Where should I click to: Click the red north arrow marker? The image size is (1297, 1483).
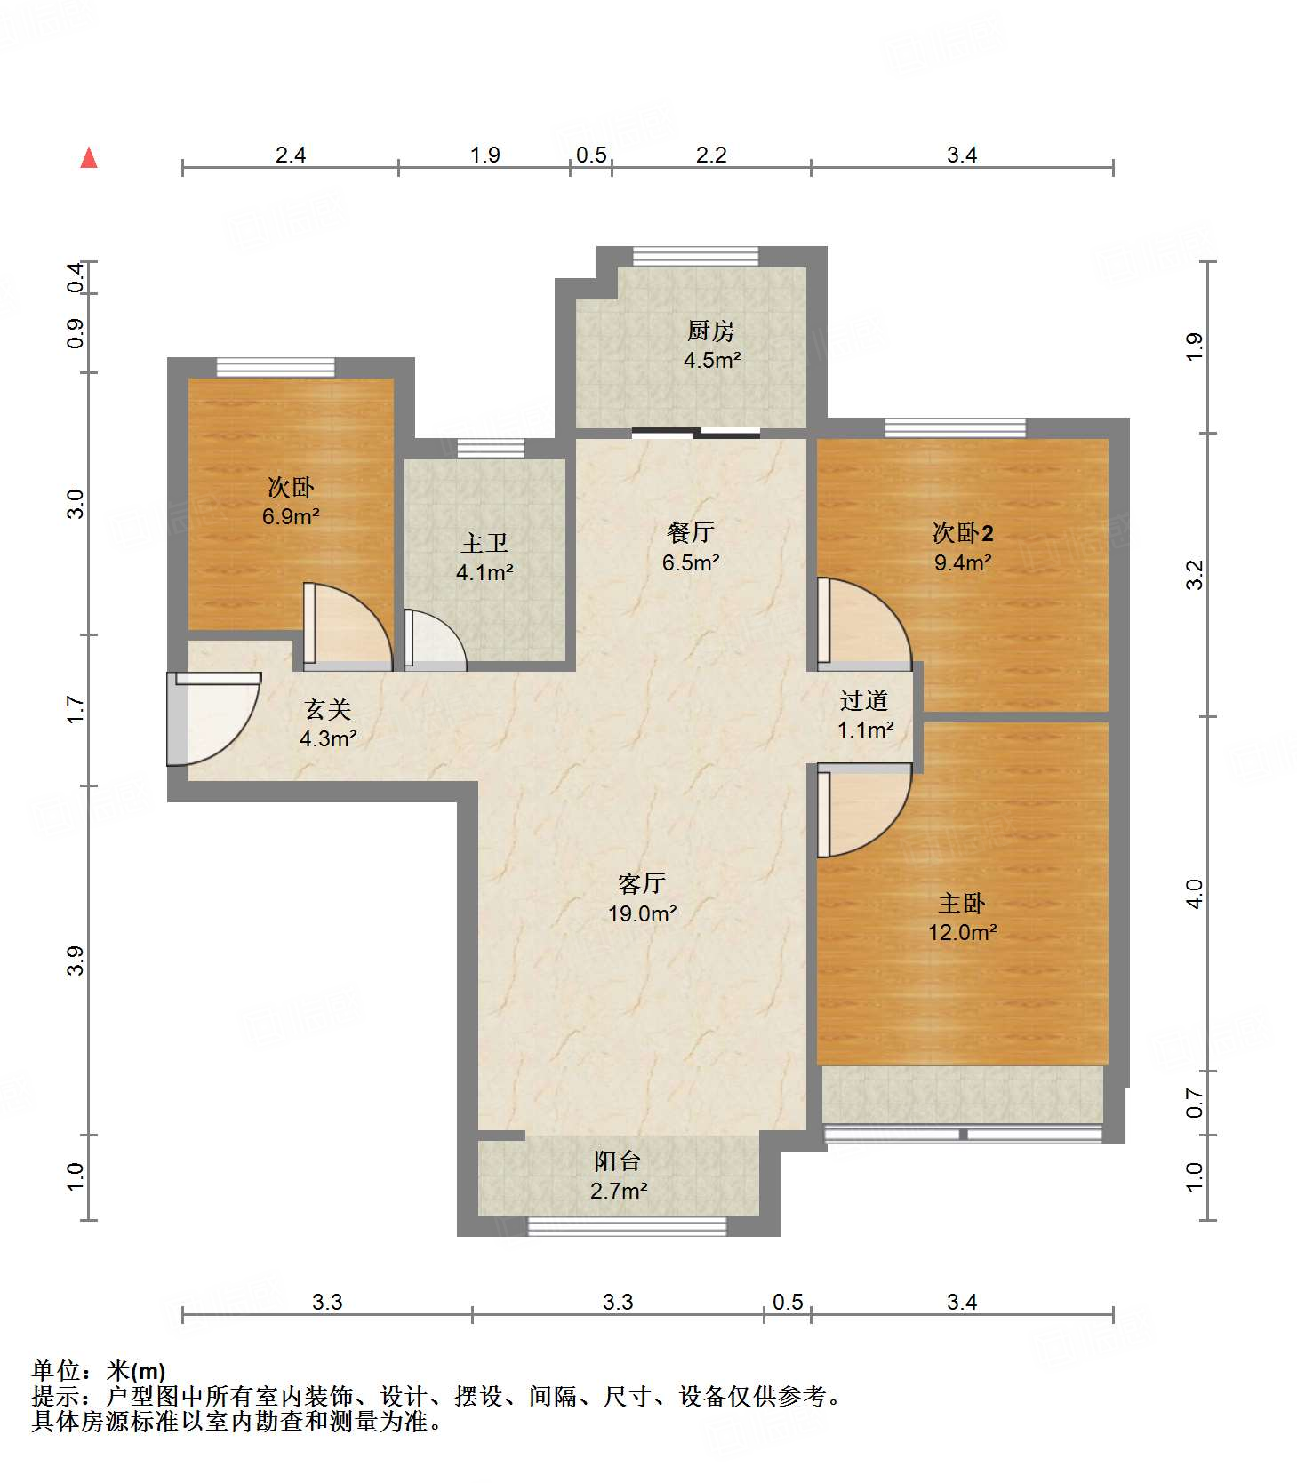[89, 158]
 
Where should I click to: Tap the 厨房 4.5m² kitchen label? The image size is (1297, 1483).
[711, 345]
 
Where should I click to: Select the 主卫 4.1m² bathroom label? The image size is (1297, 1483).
[484, 557]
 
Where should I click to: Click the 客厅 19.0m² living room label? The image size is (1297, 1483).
[642, 897]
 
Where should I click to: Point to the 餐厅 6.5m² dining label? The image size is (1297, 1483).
[691, 546]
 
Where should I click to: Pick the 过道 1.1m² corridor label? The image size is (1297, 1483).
[864, 714]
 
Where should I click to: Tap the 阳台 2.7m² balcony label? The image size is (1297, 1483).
[618, 1175]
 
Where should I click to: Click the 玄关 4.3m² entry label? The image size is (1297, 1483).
[328, 723]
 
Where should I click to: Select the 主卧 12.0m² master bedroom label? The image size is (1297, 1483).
[962, 917]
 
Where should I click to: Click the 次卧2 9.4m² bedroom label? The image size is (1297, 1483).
[963, 546]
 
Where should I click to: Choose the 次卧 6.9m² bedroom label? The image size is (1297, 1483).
[291, 501]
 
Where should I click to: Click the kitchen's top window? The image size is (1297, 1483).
[695, 256]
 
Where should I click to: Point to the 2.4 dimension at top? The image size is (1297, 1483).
[290, 155]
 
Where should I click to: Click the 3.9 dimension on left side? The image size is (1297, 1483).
[76, 961]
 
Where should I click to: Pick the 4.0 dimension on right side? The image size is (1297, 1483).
[1195, 893]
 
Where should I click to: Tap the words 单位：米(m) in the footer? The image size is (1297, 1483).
[99, 1370]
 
